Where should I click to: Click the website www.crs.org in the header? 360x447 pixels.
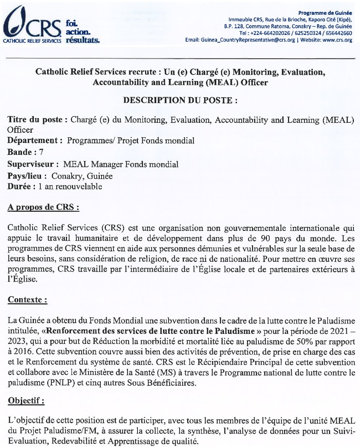click(x=337, y=40)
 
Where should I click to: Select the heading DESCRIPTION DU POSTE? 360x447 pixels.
click(x=180, y=100)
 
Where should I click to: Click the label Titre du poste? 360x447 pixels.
click(x=35, y=120)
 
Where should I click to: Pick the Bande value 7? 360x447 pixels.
click(x=41, y=152)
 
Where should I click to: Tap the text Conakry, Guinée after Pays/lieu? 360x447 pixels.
click(x=82, y=176)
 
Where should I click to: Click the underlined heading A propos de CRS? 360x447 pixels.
click(x=43, y=207)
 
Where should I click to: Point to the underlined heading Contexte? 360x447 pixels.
click(x=27, y=300)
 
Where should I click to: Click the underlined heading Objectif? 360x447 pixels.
click(x=26, y=401)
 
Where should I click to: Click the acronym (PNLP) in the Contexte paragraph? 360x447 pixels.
click(x=62, y=383)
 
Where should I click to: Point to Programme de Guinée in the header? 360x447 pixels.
click(x=325, y=13)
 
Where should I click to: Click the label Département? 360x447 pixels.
click(x=33, y=140)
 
